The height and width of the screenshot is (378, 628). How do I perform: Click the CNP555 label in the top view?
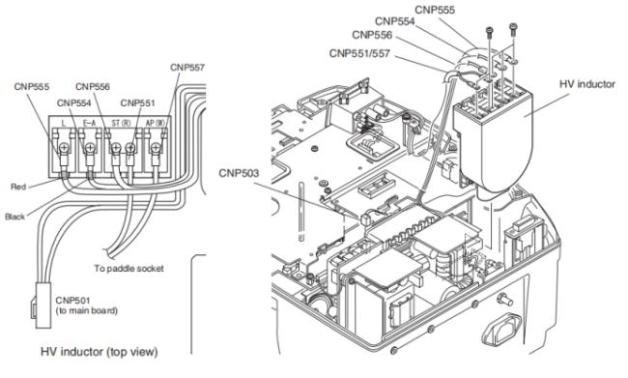coord(32,87)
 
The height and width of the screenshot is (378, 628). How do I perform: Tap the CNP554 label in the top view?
coord(74,103)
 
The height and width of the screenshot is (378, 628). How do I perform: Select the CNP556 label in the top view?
coord(93,87)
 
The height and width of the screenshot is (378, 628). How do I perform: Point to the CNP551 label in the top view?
coord(137,103)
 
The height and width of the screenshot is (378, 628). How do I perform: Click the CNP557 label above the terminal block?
coord(187,68)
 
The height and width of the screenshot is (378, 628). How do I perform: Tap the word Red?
coord(18,187)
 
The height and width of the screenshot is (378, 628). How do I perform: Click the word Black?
coord(14,217)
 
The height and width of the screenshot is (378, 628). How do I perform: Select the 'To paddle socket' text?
coord(128,268)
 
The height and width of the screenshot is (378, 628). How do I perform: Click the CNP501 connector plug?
coord(43,305)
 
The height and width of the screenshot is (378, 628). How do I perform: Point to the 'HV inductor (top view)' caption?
coord(100,352)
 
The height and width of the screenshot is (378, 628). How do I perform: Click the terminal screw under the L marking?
coord(65,149)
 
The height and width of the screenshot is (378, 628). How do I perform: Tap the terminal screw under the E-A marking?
coord(90,149)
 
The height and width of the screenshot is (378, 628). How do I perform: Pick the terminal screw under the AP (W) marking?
coord(156,149)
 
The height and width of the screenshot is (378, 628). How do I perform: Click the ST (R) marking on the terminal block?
coord(121,123)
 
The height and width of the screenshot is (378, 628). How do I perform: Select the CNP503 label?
coord(239,173)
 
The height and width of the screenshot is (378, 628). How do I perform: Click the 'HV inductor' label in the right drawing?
coord(587,84)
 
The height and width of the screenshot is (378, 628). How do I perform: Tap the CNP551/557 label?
coord(359,53)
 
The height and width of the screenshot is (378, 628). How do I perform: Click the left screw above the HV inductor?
coord(490,32)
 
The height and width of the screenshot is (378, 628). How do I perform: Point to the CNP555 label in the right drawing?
coord(435,10)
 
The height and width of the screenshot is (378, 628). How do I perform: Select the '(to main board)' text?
coord(87,310)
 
